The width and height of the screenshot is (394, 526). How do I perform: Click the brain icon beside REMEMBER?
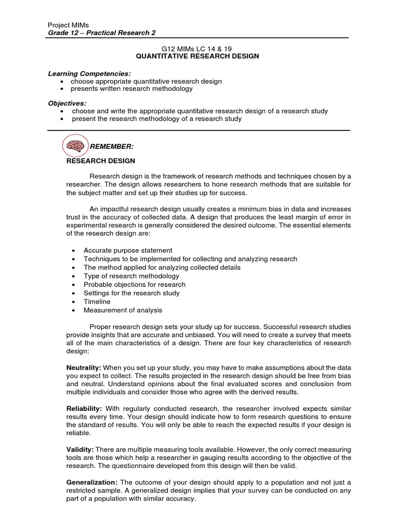click(x=75, y=146)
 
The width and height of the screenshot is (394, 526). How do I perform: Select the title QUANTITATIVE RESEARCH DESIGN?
click(x=197, y=57)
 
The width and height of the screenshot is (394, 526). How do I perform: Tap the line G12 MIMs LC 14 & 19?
click(x=197, y=48)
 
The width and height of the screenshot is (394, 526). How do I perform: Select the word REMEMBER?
click(x=111, y=146)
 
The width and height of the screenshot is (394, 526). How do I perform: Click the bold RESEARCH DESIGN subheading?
click(x=101, y=161)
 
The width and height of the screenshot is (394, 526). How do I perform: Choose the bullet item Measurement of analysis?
click(x=123, y=310)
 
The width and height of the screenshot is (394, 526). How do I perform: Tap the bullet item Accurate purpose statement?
click(x=128, y=250)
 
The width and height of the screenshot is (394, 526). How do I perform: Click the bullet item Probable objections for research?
click(x=134, y=285)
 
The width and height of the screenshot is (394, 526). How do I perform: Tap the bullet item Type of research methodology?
click(x=131, y=276)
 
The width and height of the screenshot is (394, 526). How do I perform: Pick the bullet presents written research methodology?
click(x=131, y=89)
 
